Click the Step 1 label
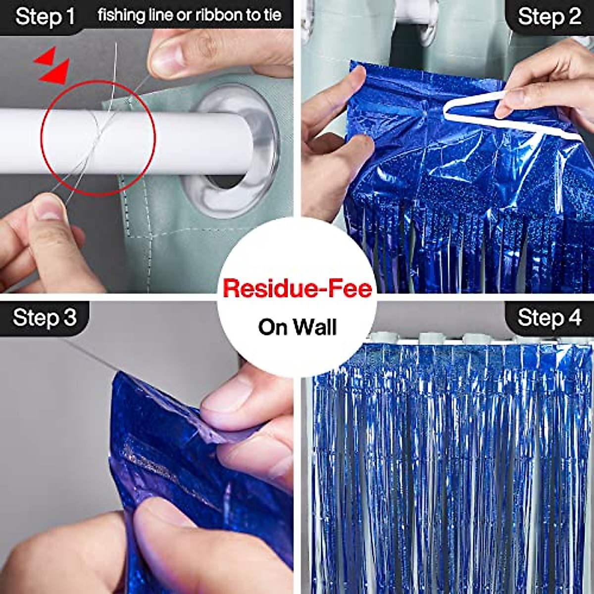point(45,17)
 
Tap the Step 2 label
point(549,17)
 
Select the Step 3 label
point(45,317)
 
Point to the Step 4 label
point(549,317)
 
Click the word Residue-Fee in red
point(297,288)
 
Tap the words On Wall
point(297,327)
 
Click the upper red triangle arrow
point(46,55)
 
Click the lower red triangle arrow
point(55,73)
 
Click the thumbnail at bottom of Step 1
point(49,208)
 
